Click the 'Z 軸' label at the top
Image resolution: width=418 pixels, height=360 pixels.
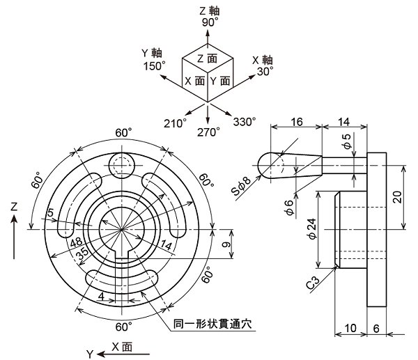(209, 10)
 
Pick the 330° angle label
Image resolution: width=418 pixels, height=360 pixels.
(245, 122)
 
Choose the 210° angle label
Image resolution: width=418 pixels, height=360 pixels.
(175, 123)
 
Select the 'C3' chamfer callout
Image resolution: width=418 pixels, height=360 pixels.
(314, 284)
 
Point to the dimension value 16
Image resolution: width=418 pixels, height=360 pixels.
(295, 121)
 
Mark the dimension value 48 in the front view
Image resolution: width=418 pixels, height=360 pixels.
(77, 242)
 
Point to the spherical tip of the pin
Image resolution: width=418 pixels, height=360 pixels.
(266, 164)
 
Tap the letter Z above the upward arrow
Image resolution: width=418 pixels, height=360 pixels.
(14, 207)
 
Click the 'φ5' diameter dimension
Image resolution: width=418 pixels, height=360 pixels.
(347, 142)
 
